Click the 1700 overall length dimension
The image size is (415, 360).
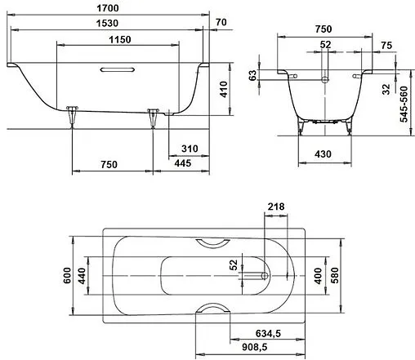tap(118, 9)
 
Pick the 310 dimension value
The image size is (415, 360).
tap(190, 149)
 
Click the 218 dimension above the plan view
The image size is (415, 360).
tap(276, 207)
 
